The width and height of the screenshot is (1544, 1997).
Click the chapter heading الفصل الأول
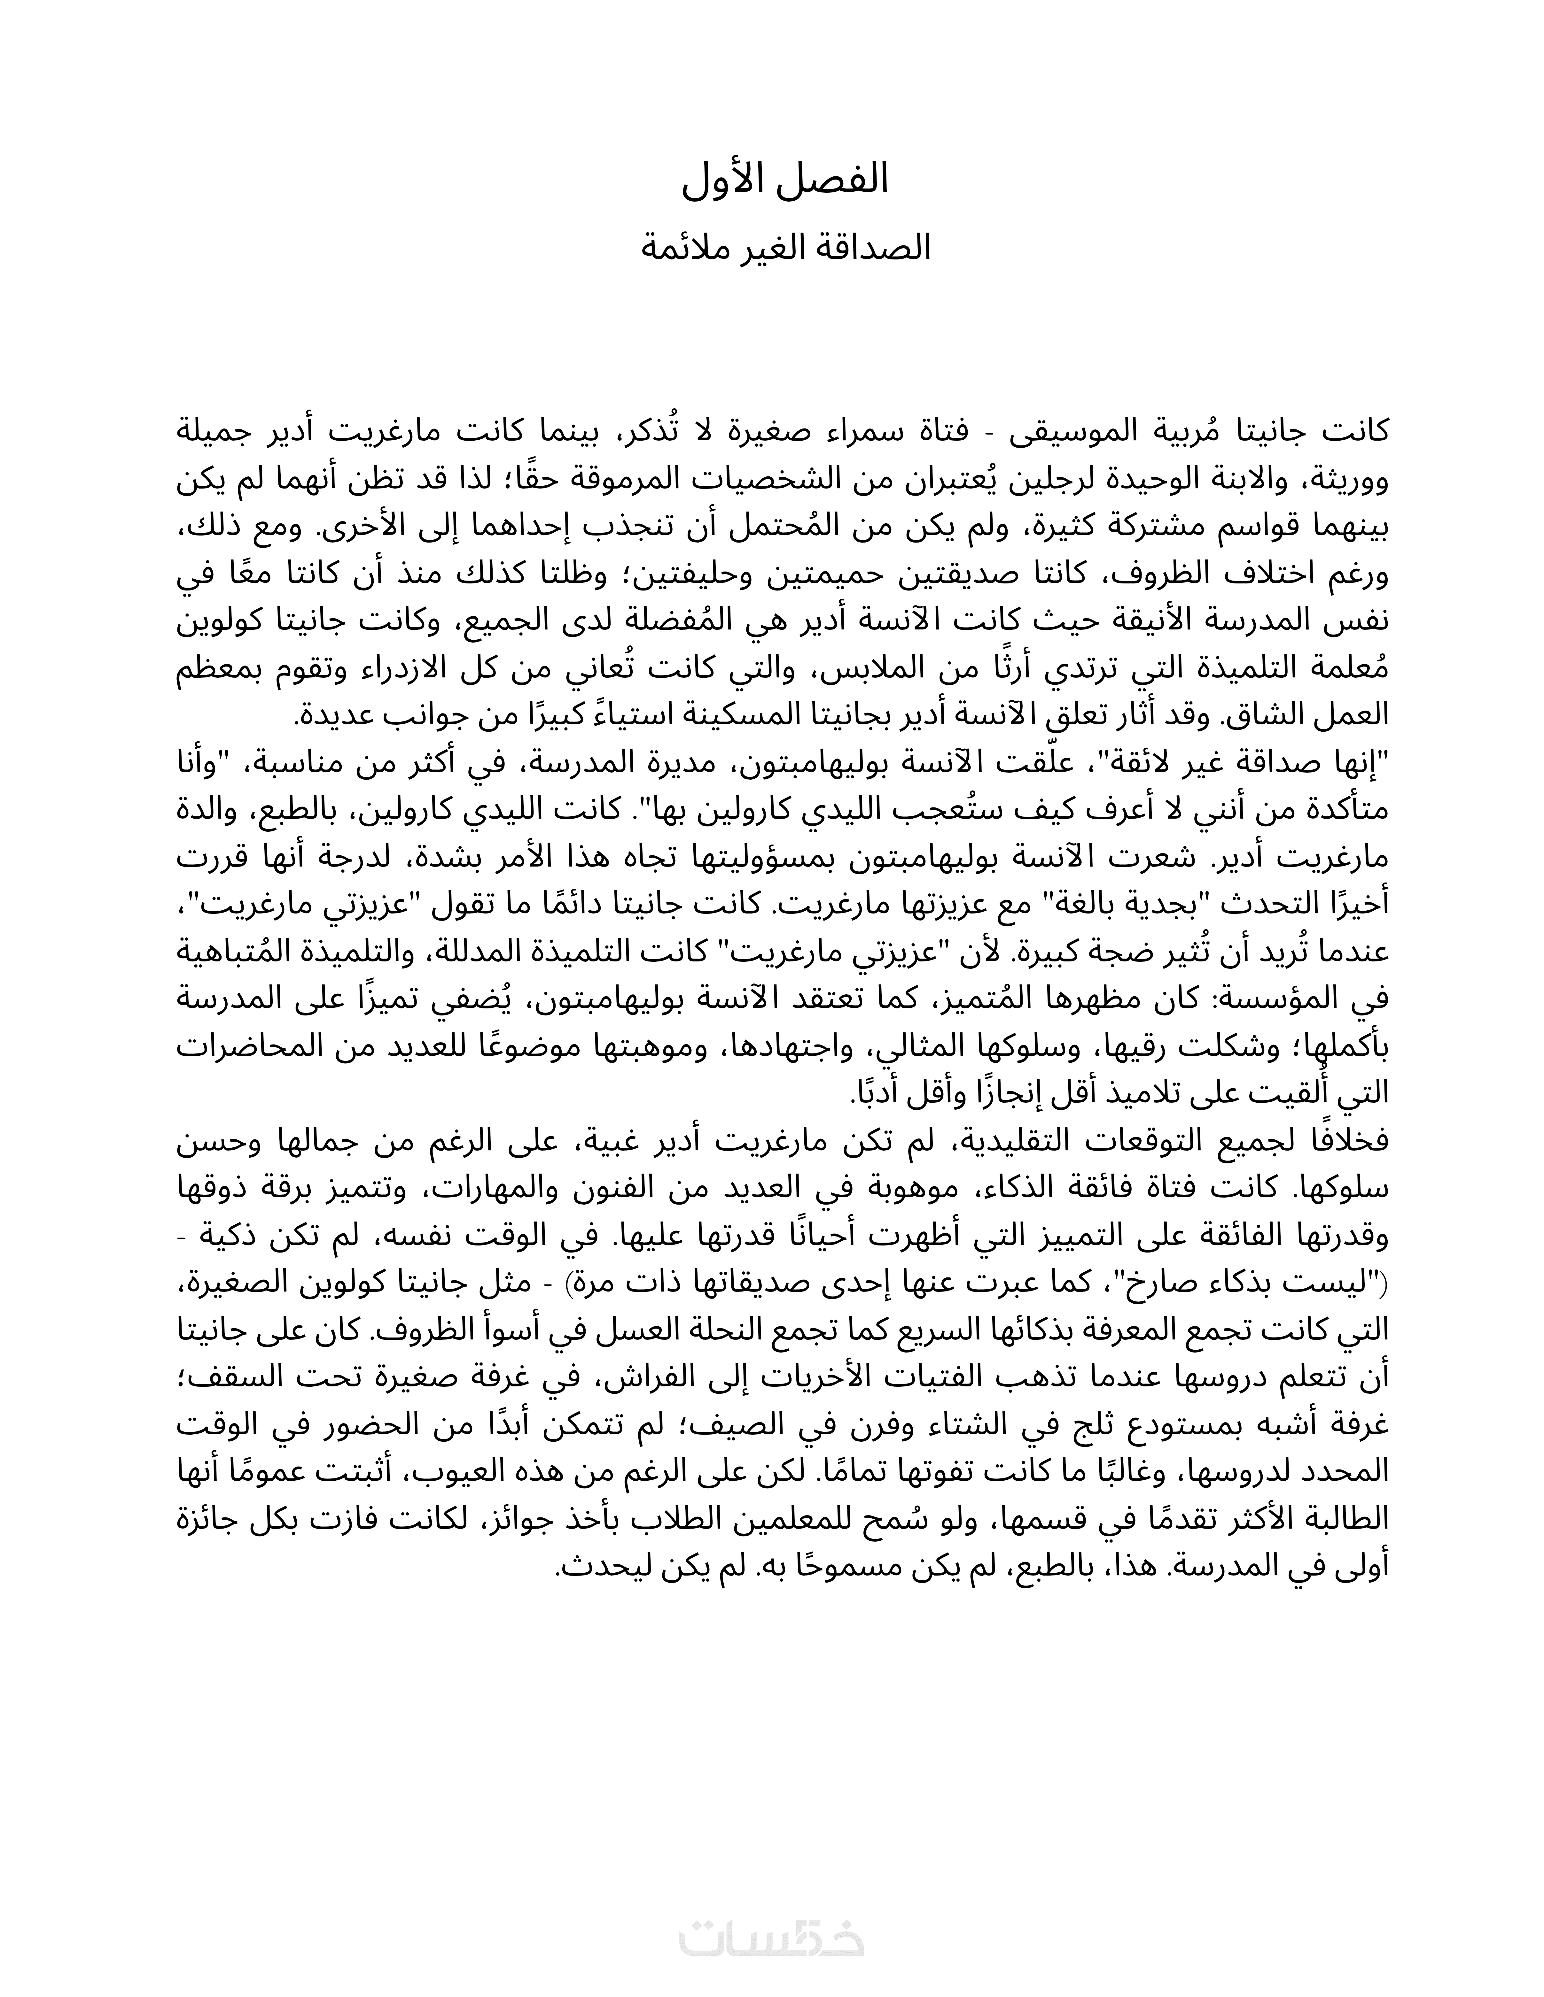coord(785,180)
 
